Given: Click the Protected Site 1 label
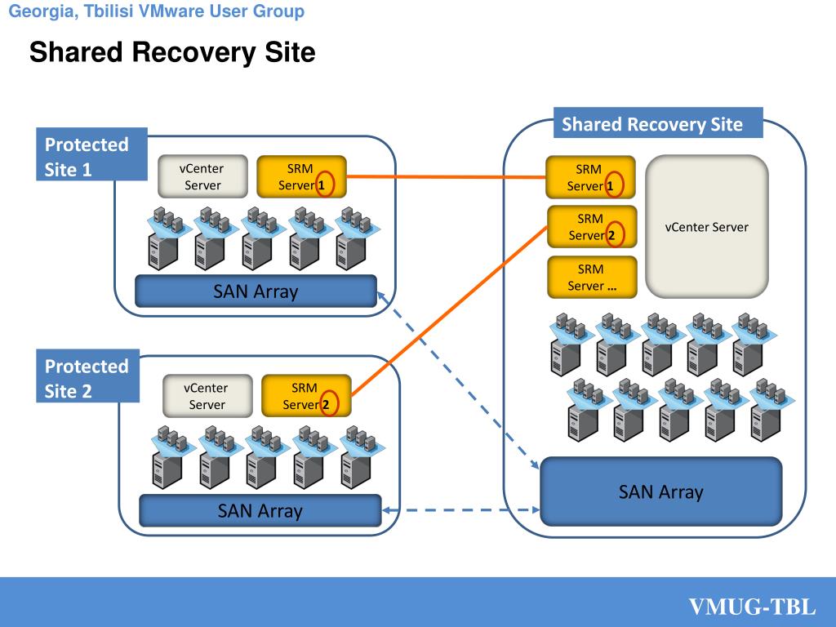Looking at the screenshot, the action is tap(91, 154).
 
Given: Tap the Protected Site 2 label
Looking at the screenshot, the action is tap(88, 376).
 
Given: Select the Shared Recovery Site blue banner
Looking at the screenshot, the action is tap(658, 123).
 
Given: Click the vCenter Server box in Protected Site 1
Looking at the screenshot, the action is tap(202, 176).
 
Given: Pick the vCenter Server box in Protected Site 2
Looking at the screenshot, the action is tap(207, 396).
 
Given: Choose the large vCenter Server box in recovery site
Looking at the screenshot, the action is tap(707, 227).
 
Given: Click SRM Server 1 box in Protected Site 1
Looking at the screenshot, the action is tap(302, 176).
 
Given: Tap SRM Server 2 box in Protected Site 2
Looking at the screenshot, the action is tap(307, 396).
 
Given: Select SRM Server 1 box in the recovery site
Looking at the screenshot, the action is tap(591, 177).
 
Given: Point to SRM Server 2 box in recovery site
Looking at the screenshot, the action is tap(593, 227).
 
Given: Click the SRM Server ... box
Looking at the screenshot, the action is tap(593, 277).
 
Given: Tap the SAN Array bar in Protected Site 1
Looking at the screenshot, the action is tap(256, 291).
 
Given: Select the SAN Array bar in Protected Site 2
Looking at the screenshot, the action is tap(260, 511).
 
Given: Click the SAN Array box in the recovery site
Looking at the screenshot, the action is tap(661, 491).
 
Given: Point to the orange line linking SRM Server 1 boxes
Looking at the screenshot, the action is tap(447, 177).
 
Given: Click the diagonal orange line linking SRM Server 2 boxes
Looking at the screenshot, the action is tap(450, 312).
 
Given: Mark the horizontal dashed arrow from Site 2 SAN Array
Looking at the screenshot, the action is tap(461, 510).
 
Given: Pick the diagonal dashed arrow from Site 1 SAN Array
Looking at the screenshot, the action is tap(458, 380).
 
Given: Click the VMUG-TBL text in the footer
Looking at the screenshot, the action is tap(752, 607).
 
